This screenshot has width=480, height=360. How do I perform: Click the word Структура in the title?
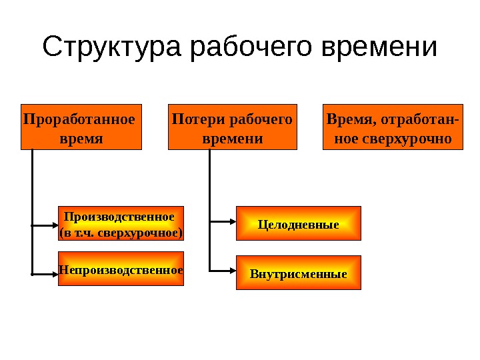point(113,48)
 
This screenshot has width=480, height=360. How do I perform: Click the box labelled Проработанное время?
point(82,126)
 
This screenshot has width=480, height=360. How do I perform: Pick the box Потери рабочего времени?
point(233,126)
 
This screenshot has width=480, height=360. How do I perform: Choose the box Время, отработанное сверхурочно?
point(393,126)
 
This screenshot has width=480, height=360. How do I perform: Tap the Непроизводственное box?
point(121,269)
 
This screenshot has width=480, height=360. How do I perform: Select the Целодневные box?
point(299,223)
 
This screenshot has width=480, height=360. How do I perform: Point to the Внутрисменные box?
point(299,273)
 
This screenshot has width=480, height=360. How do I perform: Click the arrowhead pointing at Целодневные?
point(233,221)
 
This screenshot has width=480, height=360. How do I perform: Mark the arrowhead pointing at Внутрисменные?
point(233,271)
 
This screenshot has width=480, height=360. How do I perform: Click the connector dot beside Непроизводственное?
point(32,273)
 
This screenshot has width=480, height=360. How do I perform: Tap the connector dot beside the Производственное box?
point(32,225)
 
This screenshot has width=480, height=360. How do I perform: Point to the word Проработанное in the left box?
point(79,119)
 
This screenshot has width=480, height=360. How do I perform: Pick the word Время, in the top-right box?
point(350,119)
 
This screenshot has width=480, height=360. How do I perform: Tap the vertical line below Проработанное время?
point(32,187)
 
